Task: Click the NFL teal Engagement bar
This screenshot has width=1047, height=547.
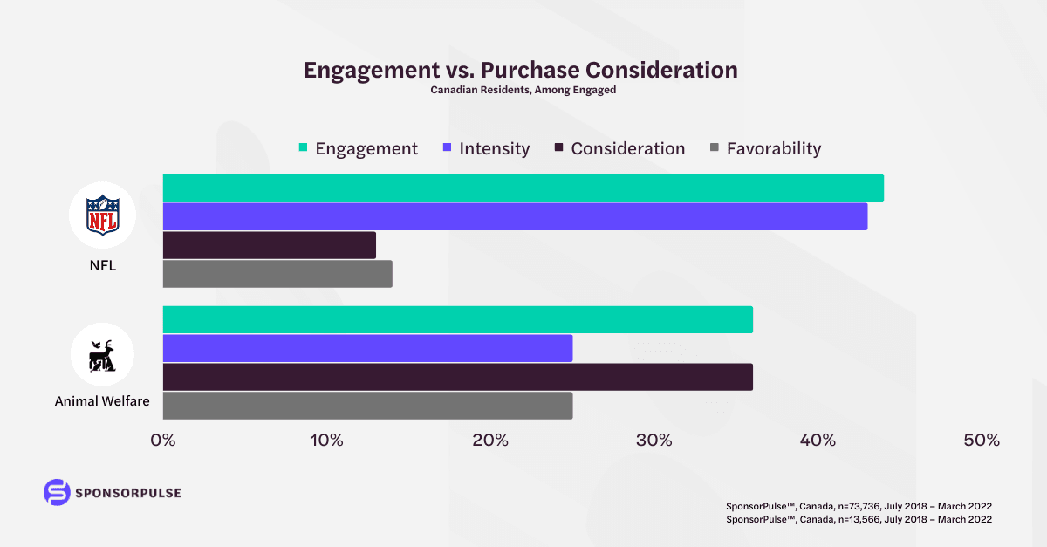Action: tap(523, 188)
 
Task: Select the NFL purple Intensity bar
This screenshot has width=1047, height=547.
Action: tap(515, 216)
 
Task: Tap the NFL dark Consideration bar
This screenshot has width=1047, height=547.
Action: tap(269, 245)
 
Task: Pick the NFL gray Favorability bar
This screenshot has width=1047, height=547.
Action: tap(277, 274)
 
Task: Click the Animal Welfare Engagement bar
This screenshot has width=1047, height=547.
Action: tap(457, 319)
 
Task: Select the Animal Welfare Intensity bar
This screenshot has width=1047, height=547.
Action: tap(367, 348)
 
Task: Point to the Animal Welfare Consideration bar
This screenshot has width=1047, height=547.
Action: tap(457, 377)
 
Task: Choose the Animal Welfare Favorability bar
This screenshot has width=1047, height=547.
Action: tap(367, 406)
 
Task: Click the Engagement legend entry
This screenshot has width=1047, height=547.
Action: tap(358, 148)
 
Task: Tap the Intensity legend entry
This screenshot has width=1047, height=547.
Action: tap(486, 148)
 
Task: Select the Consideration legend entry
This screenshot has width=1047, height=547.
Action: tap(619, 148)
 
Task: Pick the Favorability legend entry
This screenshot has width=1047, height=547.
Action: tap(765, 148)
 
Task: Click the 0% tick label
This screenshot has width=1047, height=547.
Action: tap(163, 441)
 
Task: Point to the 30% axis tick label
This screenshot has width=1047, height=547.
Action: tap(654, 441)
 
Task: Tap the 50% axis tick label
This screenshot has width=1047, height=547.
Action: tap(982, 441)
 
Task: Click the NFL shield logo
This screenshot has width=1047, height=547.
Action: tap(102, 215)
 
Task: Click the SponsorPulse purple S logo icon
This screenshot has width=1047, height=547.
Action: tap(57, 492)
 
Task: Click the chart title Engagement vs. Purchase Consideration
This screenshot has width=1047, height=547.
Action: tap(521, 71)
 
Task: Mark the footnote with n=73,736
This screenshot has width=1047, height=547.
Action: tap(859, 506)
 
